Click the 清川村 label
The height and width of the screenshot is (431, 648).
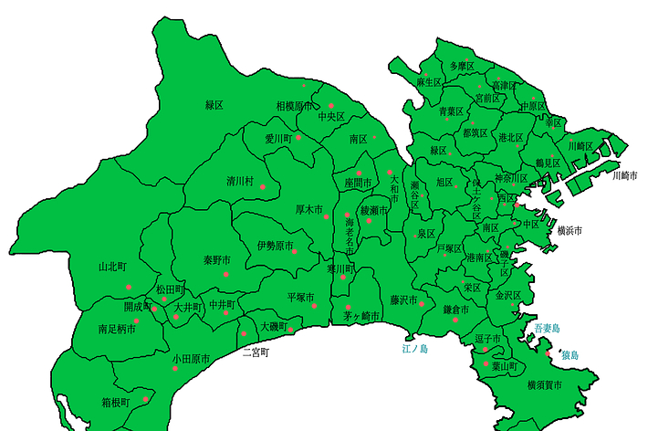pos(241,181)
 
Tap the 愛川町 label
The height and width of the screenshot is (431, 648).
pos(277,139)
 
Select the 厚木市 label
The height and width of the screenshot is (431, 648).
pos(309,209)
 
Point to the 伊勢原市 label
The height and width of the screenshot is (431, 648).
pos(275,246)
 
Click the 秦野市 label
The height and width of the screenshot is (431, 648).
pos(217,260)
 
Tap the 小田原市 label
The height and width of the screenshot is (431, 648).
pos(191,360)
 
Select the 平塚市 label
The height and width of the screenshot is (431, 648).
pos(300,298)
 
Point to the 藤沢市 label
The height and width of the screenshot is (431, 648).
pos(402,300)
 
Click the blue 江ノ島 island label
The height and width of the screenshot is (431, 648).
pos(415,348)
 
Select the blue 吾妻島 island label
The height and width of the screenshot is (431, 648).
pos(547,327)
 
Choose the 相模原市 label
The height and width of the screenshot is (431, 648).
pos(294,106)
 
